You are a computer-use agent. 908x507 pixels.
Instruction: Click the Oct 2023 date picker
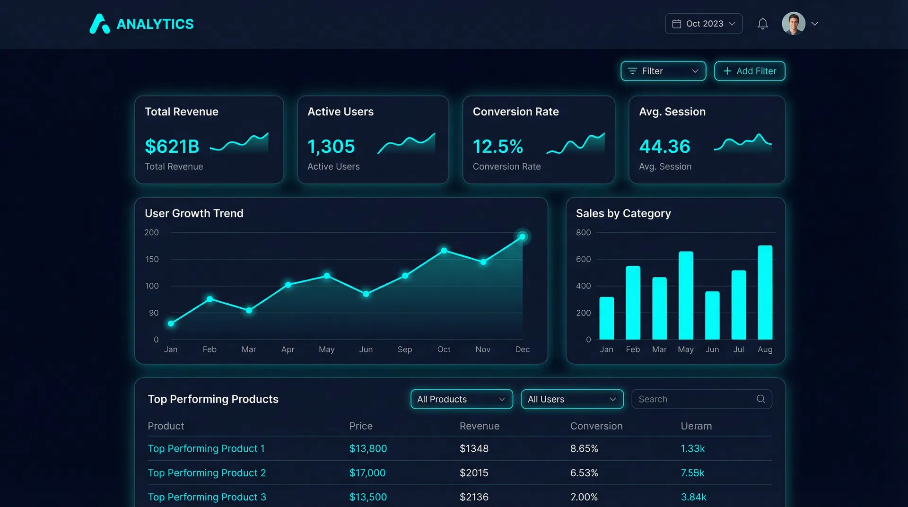tap(703, 24)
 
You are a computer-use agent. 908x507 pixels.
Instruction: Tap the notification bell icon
tap(762, 24)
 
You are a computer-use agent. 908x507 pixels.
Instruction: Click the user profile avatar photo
tap(793, 24)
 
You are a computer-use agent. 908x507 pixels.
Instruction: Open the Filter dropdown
tap(663, 71)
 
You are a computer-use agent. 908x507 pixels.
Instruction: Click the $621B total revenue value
tap(172, 147)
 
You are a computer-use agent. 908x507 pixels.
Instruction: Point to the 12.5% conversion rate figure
tap(498, 147)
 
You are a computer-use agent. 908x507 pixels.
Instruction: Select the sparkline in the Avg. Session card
tap(742, 143)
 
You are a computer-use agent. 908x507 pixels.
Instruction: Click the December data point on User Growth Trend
tap(522, 237)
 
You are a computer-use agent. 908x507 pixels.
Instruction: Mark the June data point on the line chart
tap(366, 294)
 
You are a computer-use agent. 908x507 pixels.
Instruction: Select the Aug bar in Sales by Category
tap(765, 292)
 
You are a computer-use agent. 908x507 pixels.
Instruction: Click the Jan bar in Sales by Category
tap(606, 318)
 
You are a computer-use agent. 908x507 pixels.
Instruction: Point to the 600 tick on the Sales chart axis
tap(583, 259)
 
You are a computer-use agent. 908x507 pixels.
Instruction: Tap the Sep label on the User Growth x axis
tap(405, 350)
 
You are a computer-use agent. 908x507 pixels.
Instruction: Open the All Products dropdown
tap(461, 399)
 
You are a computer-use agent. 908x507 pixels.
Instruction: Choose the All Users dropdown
tap(572, 399)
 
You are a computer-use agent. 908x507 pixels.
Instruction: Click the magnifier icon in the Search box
tap(760, 399)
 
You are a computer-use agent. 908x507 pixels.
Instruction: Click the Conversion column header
tap(596, 426)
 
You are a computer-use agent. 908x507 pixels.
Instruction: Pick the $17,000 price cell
tap(367, 473)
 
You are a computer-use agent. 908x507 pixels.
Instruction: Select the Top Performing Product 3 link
tap(207, 497)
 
